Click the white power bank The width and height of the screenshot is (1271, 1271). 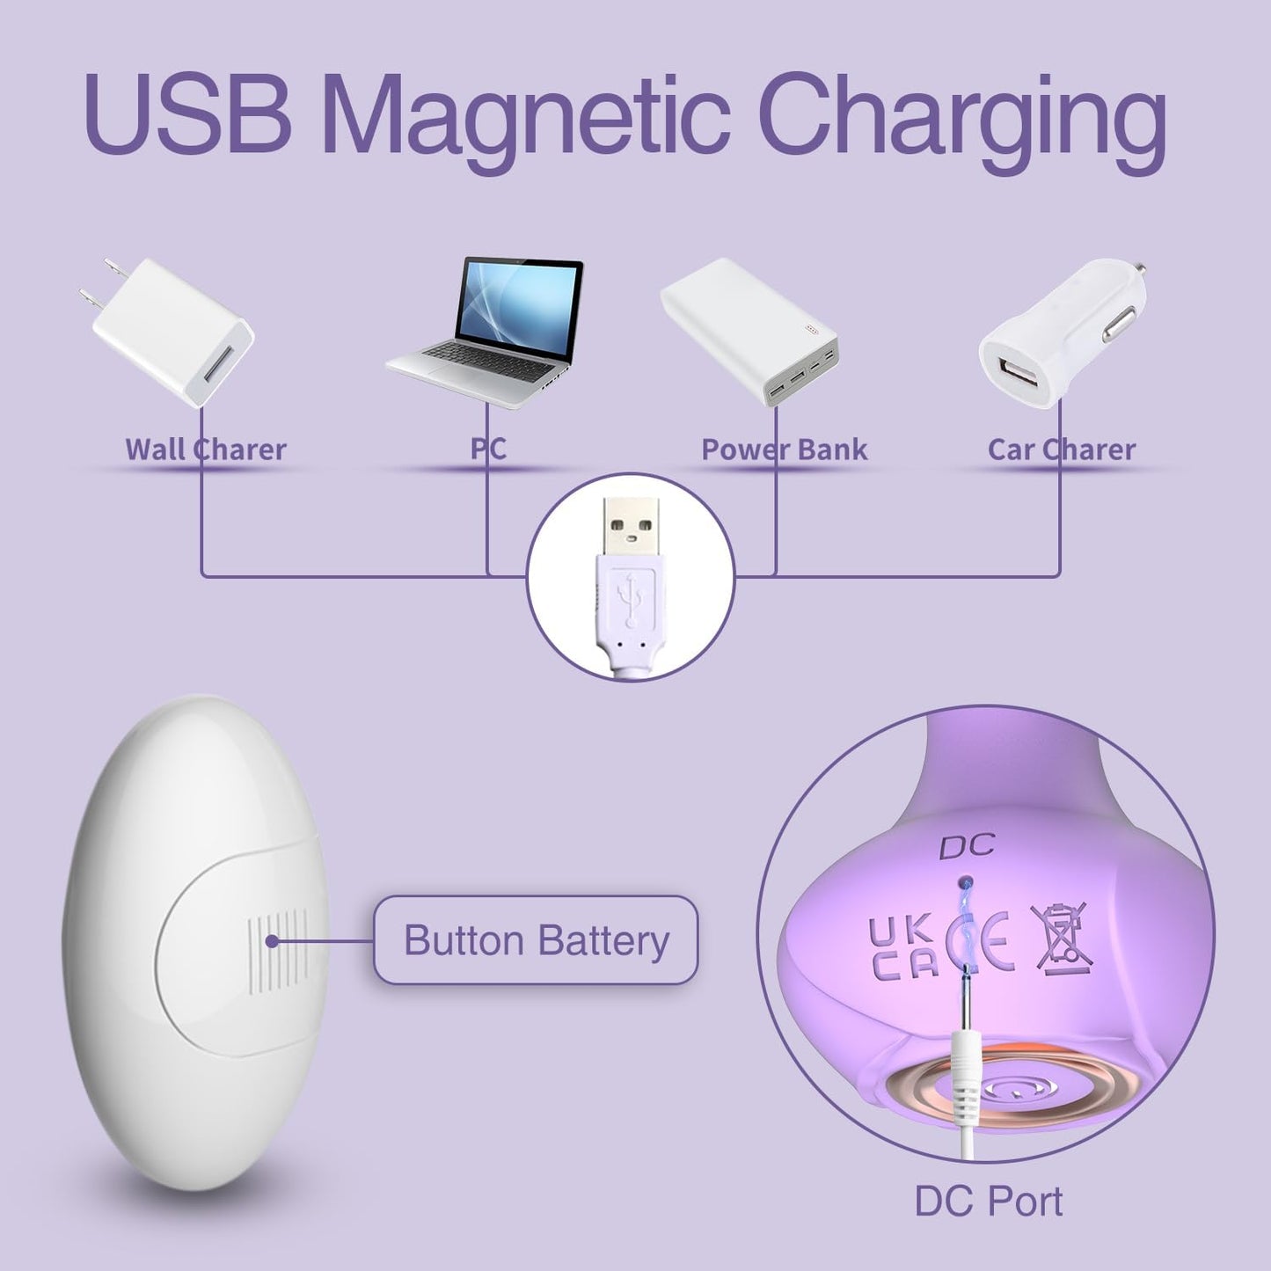[x=749, y=331]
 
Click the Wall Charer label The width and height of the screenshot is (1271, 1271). [x=206, y=449]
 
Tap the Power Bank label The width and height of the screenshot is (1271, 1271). [x=784, y=449]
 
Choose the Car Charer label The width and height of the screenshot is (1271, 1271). [x=1062, y=449]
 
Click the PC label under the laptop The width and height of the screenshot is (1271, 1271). [x=488, y=449]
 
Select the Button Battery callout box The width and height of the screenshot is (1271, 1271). [x=536, y=939]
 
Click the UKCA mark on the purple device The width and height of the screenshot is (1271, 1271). [x=902, y=949]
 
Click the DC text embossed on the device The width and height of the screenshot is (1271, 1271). [x=967, y=847]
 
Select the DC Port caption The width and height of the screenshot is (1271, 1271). [x=988, y=1201]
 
